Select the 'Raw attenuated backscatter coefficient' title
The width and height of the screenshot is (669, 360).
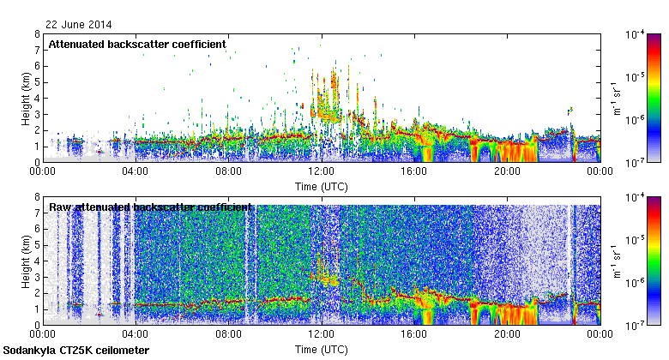coord(150,207)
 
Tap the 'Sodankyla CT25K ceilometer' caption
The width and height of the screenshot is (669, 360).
coord(75,351)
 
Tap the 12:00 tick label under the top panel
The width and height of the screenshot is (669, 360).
coord(321,171)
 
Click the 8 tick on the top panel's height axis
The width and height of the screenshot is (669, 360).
coord(36,34)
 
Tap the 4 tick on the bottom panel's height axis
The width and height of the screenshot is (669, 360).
coord(36,261)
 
